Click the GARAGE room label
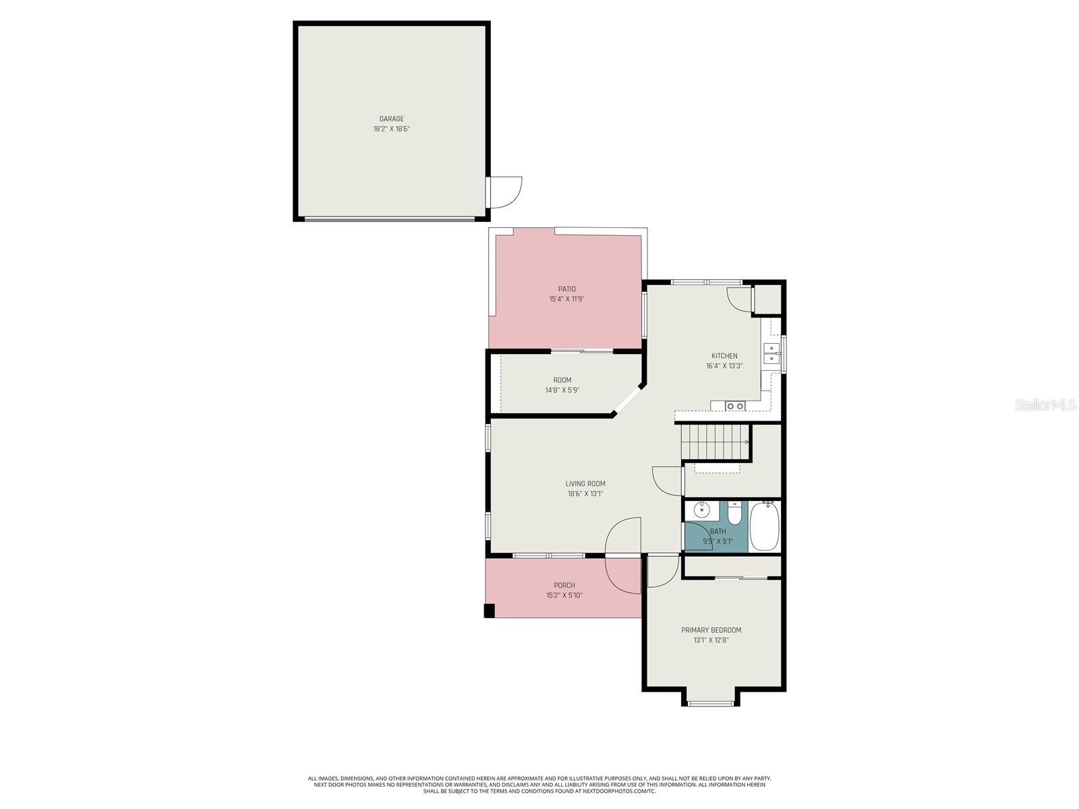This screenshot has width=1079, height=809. pyautogui.click(x=391, y=119)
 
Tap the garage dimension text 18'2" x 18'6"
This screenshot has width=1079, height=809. pyautogui.click(x=391, y=129)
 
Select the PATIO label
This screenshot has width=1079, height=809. pyautogui.click(x=566, y=289)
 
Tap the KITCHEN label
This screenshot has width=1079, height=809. pyautogui.click(x=724, y=356)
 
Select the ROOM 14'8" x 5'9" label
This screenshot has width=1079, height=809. pyautogui.click(x=562, y=385)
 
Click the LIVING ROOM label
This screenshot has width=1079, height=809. pyautogui.click(x=585, y=483)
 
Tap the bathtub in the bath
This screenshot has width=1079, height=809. pyautogui.click(x=765, y=527)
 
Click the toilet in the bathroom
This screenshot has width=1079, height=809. pyautogui.click(x=735, y=514)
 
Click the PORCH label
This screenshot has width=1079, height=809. pyautogui.click(x=564, y=585)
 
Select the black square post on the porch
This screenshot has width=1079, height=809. pyautogui.click(x=490, y=611)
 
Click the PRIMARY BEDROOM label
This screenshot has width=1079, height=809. pyautogui.click(x=711, y=630)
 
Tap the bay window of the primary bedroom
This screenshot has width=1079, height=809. pyautogui.click(x=711, y=703)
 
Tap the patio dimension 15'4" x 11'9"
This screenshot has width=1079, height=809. pyautogui.click(x=566, y=299)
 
